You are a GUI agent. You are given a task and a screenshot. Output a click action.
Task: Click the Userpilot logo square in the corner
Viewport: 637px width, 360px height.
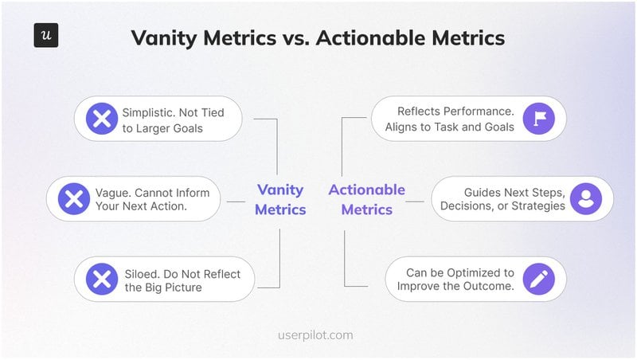pos(46,36)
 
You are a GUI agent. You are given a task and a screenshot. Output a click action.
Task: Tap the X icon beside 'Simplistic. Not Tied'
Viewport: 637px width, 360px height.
pos(102,119)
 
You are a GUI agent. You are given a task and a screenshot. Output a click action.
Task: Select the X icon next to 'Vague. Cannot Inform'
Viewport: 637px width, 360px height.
pos(74,198)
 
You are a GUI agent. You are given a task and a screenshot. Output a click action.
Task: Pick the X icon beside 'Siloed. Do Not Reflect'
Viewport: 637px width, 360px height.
pos(102,279)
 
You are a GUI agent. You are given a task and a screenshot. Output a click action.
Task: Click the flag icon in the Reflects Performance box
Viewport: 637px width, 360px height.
pos(539,119)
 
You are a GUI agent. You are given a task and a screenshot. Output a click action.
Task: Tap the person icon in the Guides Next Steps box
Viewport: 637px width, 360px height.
pos(586,198)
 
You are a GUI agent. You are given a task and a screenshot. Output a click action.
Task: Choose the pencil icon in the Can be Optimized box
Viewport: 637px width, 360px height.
pos(539,279)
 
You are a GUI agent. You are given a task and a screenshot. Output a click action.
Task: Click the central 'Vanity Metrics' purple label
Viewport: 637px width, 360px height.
pos(280,199)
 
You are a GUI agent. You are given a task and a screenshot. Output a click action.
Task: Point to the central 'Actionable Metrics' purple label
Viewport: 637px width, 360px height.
pos(367,199)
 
